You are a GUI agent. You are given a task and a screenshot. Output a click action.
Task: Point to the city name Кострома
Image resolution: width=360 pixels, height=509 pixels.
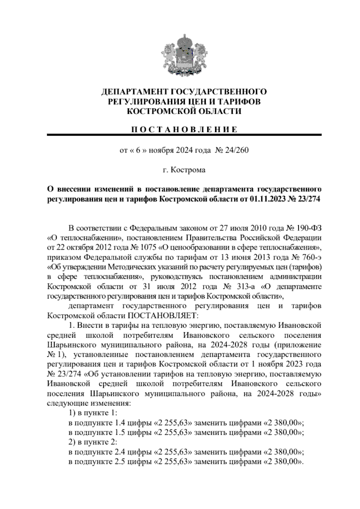(x=188, y=170)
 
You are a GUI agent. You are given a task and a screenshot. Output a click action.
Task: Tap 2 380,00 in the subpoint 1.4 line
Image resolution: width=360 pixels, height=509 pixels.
(x=283, y=423)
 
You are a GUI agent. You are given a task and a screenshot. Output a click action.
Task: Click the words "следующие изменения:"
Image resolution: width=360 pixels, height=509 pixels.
(x=89, y=403)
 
